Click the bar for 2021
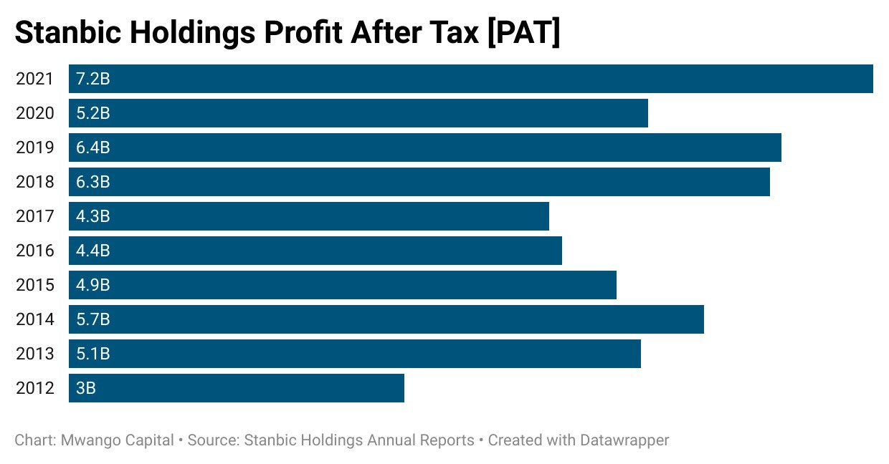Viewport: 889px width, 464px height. pyautogui.click(x=470, y=79)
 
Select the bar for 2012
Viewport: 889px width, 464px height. pyautogui.click(x=237, y=388)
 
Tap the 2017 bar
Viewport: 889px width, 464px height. pyautogui.click(x=309, y=216)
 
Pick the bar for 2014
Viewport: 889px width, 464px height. pyautogui.click(x=386, y=319)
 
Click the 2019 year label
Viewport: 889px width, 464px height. pyautogui.click(x=35, y=148)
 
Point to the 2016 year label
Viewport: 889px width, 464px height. pyautogui.click(x=35, y=251)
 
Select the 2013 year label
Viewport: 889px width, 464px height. pyautogui.click(x=35, y=354)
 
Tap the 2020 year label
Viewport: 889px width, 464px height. pyautogui.click(x=35, y=113)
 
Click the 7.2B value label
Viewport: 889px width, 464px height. pyautogui.click(x=93, y=79)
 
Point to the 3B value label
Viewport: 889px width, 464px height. pyautogui.click(x=86, y=388)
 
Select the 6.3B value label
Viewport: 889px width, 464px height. pyautogui.click(x=93, y=182)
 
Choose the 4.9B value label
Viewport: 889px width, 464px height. pyautogui.click(x=93, y=285)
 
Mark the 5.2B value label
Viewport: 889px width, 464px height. pyautogui.click(x=93, y=113)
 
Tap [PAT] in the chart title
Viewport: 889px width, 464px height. pyautogui.click(x=523, y=34)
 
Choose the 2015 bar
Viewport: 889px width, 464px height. pyautogui.click(x=343, y=285)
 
